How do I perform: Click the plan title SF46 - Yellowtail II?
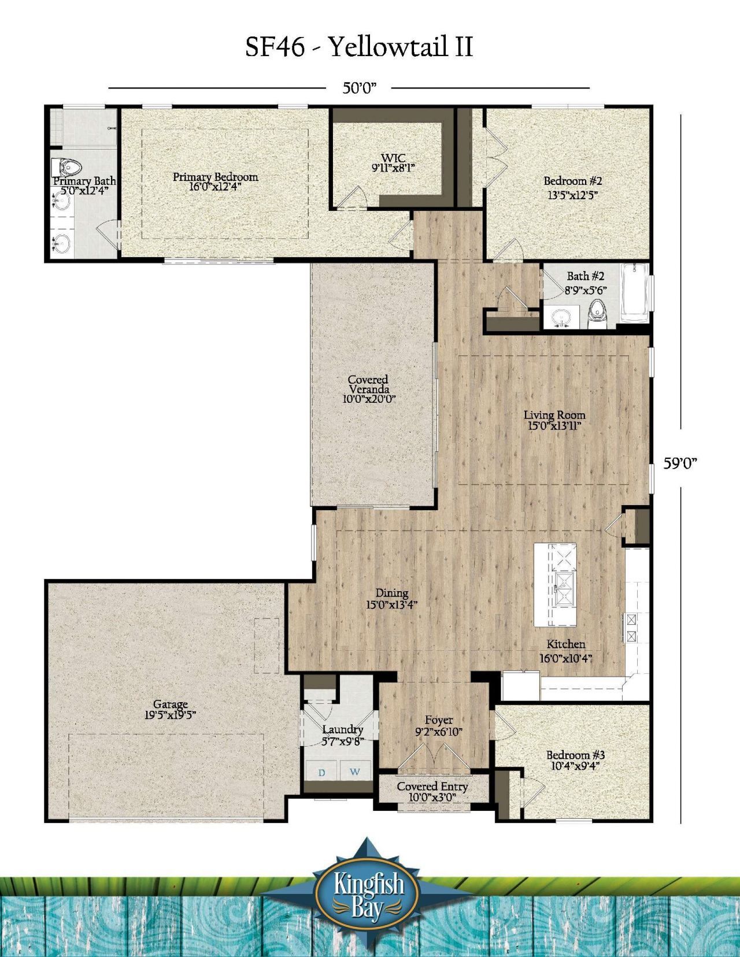(359, 47)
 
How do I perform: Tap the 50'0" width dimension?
(360, 88)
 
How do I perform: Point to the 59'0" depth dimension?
(680, 463)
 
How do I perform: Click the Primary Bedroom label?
(215, 177)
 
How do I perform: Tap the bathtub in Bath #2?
(634, 292)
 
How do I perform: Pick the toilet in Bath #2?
(597, 314)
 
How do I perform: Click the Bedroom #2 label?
(572, 180)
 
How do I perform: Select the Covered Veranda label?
(368, 384)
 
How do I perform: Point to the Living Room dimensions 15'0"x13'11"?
(554, 426)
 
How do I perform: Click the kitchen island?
(555, 585)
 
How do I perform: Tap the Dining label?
(391, 594)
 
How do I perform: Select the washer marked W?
(355, 771)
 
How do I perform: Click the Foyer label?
(439, 719)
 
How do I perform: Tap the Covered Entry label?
(432, 786)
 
